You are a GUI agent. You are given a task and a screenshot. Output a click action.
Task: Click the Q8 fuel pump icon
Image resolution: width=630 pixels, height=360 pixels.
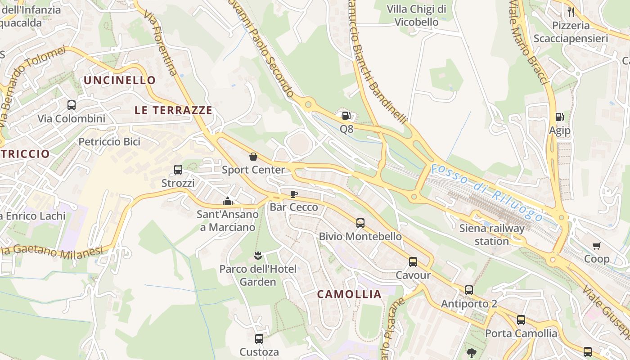coord(346,116)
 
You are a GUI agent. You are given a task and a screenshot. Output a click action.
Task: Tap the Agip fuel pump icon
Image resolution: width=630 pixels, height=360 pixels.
coord(559,117)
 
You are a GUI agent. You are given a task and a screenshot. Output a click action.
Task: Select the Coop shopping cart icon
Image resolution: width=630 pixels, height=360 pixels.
coord(597,246)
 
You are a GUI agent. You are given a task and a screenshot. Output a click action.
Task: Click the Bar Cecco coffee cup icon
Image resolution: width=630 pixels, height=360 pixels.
coord(293,194)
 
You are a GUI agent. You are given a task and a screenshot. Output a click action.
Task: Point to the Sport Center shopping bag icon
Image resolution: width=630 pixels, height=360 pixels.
coord(253,157)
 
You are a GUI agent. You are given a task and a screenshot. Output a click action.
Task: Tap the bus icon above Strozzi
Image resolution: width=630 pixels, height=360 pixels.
coord(178,170)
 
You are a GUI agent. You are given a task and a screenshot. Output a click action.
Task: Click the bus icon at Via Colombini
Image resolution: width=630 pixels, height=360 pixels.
coord(71,105)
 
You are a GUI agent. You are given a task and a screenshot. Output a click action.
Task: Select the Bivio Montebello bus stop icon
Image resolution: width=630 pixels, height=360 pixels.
coord(360,223)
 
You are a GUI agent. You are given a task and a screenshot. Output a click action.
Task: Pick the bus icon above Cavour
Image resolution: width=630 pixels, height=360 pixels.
coord(413,261)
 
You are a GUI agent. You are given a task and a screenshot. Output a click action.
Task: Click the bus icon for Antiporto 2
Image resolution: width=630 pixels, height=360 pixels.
coord(468,290)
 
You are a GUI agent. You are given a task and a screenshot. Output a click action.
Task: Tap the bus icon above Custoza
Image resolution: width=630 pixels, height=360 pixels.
coord(259,338)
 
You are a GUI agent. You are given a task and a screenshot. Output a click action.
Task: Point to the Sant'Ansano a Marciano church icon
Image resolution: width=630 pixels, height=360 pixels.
coord(228,201)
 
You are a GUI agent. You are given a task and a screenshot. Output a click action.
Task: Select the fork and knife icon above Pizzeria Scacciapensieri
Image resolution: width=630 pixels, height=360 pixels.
coord(571,12)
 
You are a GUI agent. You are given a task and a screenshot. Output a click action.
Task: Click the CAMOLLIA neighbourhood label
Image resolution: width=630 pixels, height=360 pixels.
coord(349,294)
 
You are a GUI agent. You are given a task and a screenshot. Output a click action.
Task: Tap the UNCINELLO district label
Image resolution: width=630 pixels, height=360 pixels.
coord(120,81)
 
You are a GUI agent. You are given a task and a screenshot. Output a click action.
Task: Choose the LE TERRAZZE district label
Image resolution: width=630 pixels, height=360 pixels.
coord(173,110)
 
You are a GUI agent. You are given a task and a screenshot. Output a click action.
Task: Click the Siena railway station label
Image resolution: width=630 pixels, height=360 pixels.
coord(492,234)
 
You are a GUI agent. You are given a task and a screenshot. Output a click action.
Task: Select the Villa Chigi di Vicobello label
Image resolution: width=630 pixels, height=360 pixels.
coord(416,15)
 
